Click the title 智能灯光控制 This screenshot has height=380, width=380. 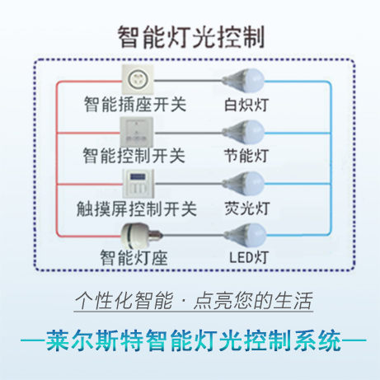191,37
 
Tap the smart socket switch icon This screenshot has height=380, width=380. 138,79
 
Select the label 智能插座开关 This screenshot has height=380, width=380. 135,105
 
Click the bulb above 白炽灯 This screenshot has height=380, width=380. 243,80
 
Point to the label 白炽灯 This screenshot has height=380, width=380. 246,105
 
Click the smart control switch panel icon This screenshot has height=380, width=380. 137,132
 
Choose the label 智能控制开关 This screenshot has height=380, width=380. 134,156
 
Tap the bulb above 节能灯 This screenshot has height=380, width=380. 243,132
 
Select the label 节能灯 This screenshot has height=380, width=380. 246,156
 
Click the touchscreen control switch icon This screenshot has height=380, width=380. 138,183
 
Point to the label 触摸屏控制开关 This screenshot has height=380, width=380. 137,209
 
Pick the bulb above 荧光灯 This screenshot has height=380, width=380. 243,184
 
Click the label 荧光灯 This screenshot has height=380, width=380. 247,209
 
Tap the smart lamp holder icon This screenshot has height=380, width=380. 142,234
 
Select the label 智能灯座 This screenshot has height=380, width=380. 134,258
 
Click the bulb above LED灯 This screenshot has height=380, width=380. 245,234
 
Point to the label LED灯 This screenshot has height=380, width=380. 249,258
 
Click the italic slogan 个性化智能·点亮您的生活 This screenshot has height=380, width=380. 194,301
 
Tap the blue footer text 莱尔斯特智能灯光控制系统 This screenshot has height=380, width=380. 194,340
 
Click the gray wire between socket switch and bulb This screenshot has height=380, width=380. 188,81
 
